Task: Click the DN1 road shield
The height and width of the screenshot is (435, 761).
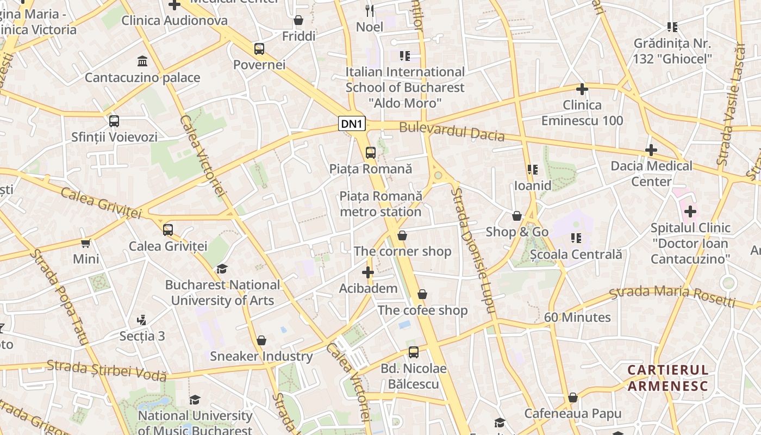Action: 352,124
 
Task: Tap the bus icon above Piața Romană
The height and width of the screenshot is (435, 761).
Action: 371,153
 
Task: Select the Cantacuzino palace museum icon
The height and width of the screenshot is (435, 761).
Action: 142,61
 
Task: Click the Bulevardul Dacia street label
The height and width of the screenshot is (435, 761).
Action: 452,132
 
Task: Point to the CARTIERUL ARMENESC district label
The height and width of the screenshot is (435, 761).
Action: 668,378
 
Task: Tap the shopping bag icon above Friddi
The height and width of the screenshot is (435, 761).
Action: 298,21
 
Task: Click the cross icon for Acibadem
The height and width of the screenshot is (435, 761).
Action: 368,272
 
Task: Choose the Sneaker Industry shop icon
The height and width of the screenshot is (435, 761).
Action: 261,340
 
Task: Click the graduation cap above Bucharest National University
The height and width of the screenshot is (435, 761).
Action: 222,269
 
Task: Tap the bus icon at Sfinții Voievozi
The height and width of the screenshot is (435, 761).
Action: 114,121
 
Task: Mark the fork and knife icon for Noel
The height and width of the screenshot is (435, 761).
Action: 370,10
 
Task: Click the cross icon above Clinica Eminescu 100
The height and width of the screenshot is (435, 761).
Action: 582,89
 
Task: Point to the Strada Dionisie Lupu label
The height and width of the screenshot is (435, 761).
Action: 473,251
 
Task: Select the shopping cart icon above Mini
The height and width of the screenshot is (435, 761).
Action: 86,243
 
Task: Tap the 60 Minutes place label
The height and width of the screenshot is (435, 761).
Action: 577,317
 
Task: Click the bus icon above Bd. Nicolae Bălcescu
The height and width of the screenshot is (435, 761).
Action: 414,352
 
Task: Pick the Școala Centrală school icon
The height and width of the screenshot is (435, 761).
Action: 576,238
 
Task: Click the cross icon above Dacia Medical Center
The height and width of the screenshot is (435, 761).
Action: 651,150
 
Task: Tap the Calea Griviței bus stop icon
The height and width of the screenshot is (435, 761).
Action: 168,230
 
